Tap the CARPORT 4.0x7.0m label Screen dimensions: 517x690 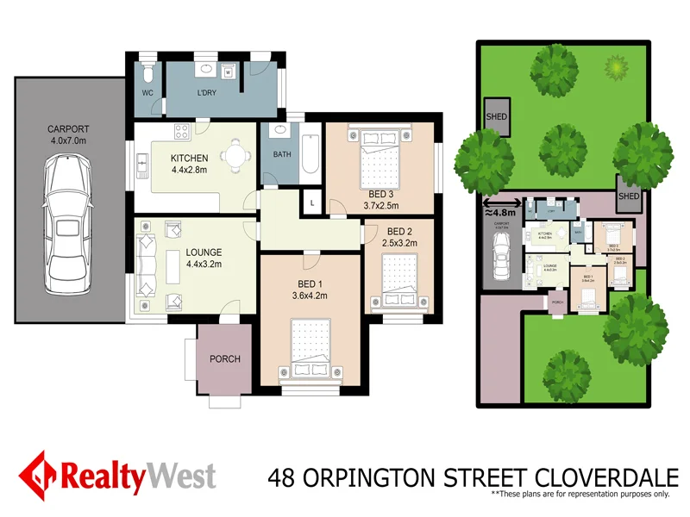(67, 137)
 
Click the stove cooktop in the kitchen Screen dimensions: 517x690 (182, 132)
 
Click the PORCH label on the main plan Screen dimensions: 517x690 (225, 359)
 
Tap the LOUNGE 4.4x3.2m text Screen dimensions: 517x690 (203, 258)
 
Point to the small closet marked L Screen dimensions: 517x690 (311, 201)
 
